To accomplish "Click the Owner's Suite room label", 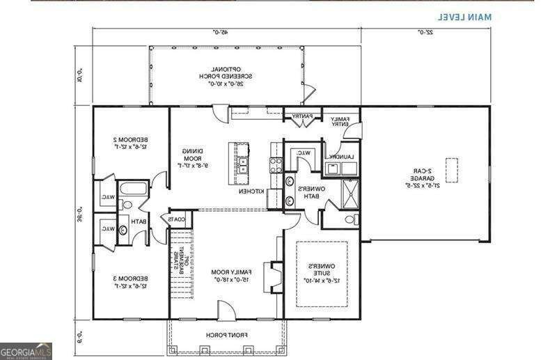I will pos(322,273).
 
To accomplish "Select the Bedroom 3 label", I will pos(130,282).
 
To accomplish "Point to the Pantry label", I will pos(301,116).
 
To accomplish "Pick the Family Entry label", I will pos(339,120).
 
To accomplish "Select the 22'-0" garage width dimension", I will pos(425,31).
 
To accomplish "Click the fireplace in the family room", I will pos(276,276).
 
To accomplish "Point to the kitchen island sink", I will pos(242,166).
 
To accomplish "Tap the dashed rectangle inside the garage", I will pos(451,169).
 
